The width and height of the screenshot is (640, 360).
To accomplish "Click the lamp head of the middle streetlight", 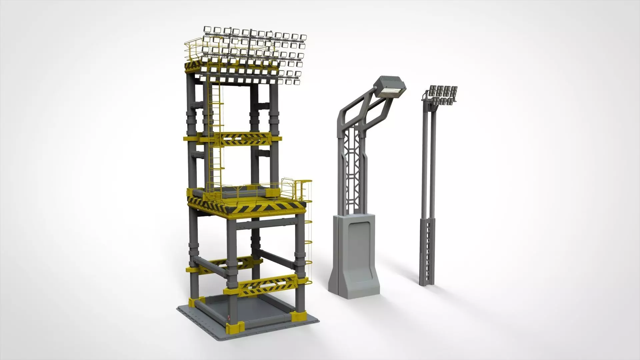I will click(x=389, y=88).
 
